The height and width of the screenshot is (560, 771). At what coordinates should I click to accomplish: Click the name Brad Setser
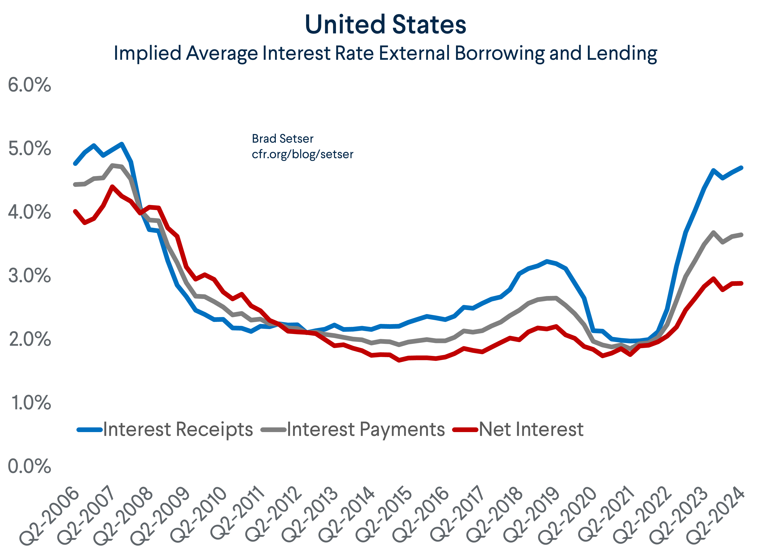tap(282, 139)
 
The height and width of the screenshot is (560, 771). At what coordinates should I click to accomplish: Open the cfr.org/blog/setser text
tap(302, 154)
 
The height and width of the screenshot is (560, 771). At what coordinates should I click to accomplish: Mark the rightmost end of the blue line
tap(741, 168)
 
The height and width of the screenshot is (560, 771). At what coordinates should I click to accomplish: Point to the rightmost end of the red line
tap(741, 283)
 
